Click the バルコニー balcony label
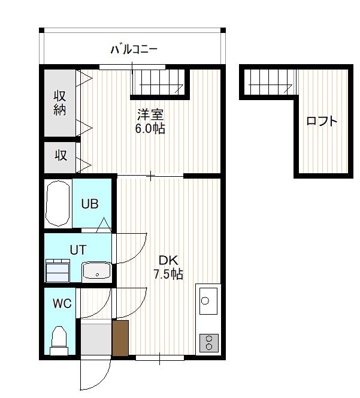[134, 49]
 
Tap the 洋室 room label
[150, 114]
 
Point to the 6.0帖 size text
[150, 128]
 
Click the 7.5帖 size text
[168, 274]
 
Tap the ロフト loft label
[322, 121]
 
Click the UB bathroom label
[90, 204]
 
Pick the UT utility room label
[78, 250]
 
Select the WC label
[62, 303]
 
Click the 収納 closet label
[60, 103]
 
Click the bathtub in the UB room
[58, 203]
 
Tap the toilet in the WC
[59, 340]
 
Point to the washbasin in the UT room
[96, 272]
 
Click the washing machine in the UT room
[58, 270]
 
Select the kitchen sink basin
[208, 301]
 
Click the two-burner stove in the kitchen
[209, 343]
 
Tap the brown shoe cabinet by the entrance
[120, 338]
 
